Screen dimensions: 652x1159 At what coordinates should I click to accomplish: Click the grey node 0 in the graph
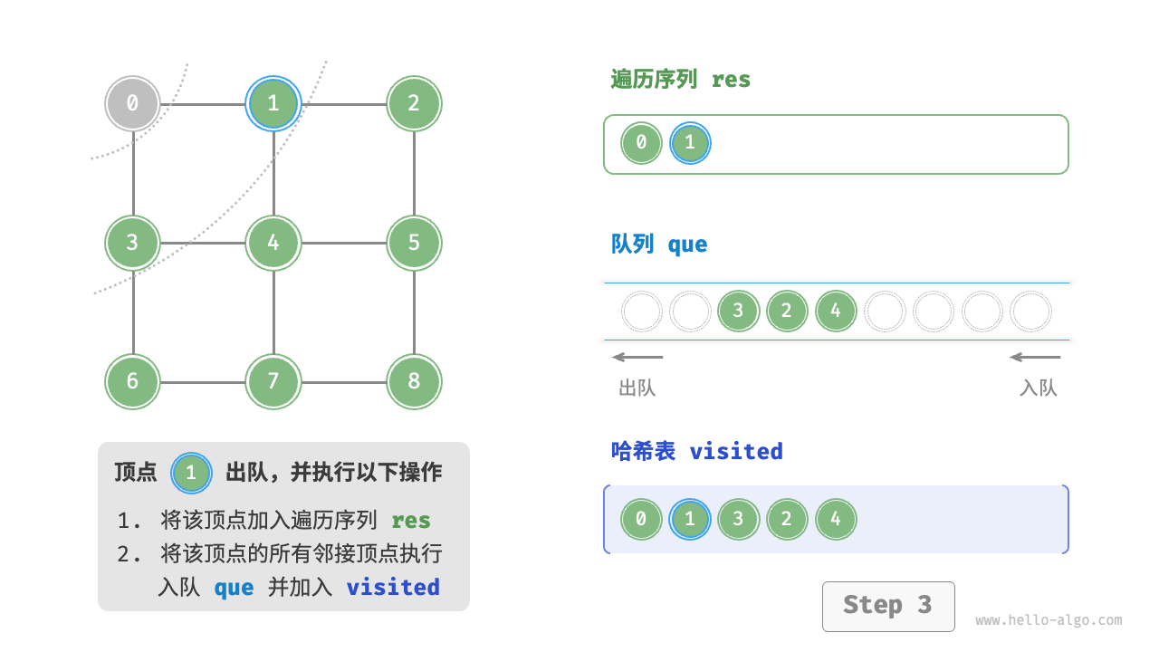pyautogui.click(x=132, y=103)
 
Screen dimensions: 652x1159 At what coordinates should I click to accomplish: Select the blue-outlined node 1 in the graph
pyautogui.click(x=273, y=103)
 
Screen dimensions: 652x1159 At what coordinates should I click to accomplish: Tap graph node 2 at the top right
pyautogui.click(x=414, y=103)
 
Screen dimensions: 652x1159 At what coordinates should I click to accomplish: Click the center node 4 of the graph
pyautogui.click(x=273, y=243)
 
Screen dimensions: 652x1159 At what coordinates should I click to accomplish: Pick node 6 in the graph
pyautogui.click(x=132, y=381)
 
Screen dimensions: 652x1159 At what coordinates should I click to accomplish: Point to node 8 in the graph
pyautogui.click(x=414, y=381)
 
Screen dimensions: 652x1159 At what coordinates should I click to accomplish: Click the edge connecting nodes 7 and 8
pyautogui.click(x=344, y=381)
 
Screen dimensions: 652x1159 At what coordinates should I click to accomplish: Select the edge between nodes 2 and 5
pyautogui.click(x=414, y=173)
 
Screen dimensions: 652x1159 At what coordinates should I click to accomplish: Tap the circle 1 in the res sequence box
pyautogui.click(x=690, y=143)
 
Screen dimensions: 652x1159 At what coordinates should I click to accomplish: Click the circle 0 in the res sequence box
pyautogui.click(x=641, y=143)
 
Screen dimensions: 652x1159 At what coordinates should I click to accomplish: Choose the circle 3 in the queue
pyautogui.click(x=738, y=312)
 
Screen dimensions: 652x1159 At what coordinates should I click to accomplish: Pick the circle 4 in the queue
pyautogui.click(x=836, y=312)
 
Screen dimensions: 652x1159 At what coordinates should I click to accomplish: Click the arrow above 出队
pyautogui.click(x=637, y=357)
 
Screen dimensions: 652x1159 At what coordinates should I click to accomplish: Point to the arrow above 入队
pyautogui.click(x=1035, y=357)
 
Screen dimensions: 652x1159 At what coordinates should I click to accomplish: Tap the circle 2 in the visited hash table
pyautogui.click(x=787, y=520)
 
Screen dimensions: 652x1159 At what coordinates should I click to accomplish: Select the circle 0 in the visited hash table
pyautogui.click(x=641, y=520)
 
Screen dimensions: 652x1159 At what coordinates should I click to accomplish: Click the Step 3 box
pyautogui.click(x=887, y=606)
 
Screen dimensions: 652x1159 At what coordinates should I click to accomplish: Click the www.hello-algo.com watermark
pyautogui.click(x=1049, y=620)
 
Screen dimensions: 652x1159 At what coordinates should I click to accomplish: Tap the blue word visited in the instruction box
pyautogui.click(x=393, y=587)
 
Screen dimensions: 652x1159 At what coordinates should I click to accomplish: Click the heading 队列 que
pyautogui.click(x=659, y=244)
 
